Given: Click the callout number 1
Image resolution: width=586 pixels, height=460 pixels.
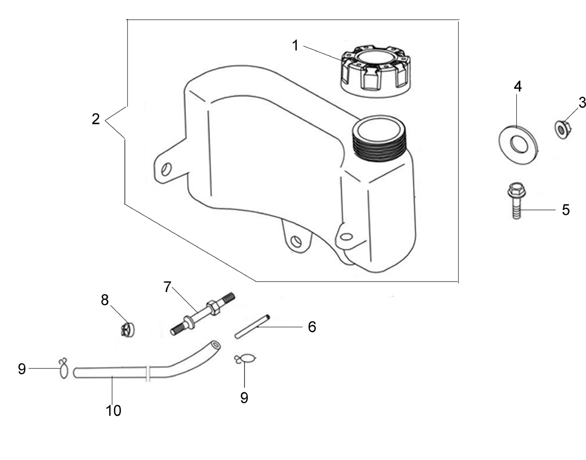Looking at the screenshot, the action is pyautogui.click(x=295, y=45).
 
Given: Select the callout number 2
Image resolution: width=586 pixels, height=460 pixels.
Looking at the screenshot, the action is pyautogui.click(x=96, y=119).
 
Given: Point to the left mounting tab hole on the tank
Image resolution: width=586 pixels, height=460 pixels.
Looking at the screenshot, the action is pyautogui.click(x=166, y=169).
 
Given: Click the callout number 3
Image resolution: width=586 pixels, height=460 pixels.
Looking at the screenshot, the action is pyautogui.click(x=582, y=103).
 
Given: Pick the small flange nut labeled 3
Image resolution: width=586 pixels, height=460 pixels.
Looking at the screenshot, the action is pyautogui.click(x=562, y=130).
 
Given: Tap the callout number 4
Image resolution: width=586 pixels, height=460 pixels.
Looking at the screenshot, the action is pyautogui.click(x=517, y=86).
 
